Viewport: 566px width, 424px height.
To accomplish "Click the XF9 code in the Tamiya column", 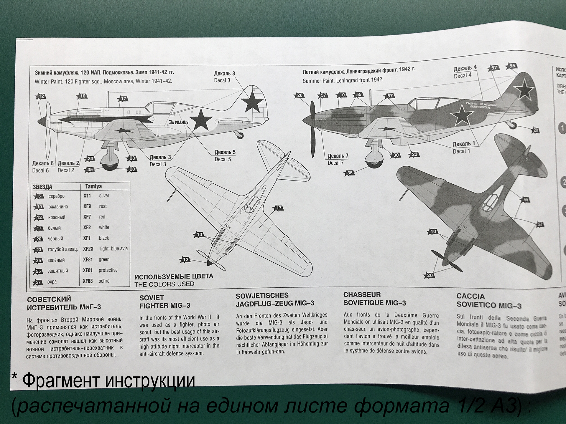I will click(87, 206).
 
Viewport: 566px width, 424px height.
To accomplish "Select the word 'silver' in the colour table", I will click(104, 196).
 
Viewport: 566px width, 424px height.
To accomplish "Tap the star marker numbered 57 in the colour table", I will click(38, 282).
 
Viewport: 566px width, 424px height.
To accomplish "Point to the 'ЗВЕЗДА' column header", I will click(42, 187).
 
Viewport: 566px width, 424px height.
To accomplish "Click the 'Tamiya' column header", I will click(93, 186).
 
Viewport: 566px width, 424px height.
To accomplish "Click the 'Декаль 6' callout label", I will click(43, 163).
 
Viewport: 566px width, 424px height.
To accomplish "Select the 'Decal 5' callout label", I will click(223, 159).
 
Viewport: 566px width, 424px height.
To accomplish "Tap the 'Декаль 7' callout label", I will click(338, 156).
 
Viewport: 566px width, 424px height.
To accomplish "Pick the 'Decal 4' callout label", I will click(463, 76).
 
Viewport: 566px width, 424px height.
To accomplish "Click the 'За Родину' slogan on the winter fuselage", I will click(178, 122).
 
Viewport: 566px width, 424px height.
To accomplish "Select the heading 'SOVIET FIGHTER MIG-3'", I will click(164, 302).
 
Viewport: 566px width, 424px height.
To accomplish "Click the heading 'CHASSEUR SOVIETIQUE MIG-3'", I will click(374, 299).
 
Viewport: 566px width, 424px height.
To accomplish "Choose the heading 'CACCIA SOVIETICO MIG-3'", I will click(488, 301).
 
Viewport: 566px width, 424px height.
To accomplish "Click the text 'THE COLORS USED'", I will click(164, 284).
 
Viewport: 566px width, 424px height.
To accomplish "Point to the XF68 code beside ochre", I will click(88, 281).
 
